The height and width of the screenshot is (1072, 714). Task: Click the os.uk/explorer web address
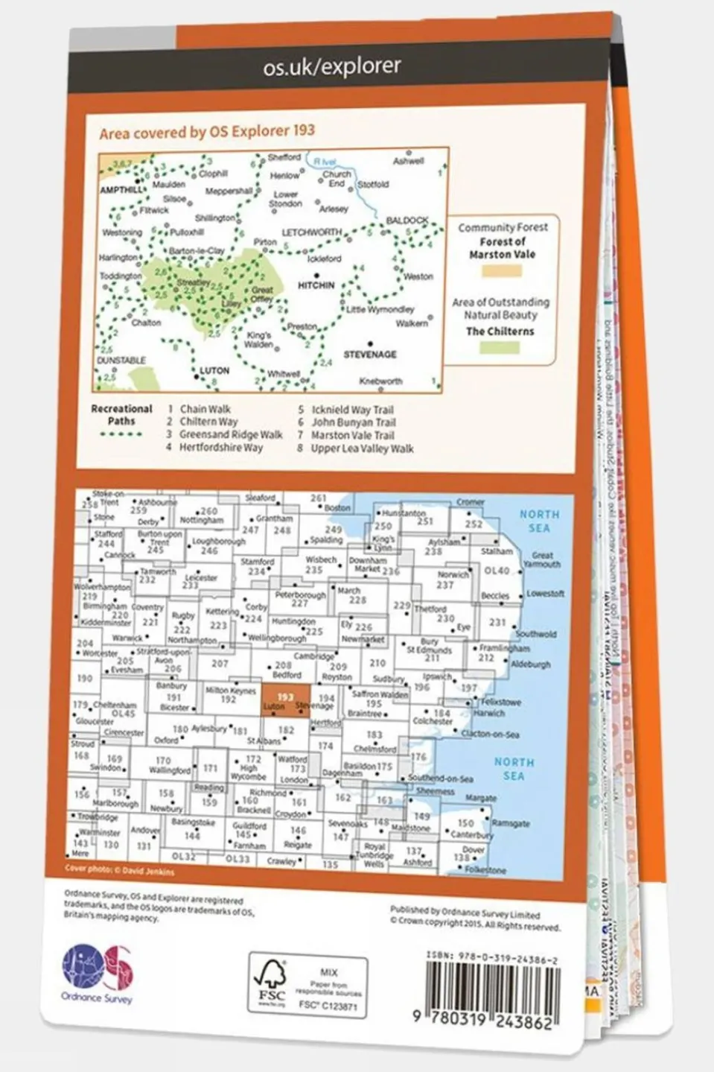click(331, 67)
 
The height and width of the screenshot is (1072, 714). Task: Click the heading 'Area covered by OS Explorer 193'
click(207, 132)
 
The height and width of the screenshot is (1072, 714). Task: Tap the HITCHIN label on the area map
click(316, 285)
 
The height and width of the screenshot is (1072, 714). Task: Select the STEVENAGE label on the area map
click(369, 355)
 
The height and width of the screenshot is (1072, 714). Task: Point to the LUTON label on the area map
click(214, 370)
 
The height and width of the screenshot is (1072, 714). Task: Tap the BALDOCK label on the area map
click(407, 221)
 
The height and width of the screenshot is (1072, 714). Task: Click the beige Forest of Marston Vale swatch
click(501, 271)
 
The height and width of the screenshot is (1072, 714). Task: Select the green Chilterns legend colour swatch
click(500, 347)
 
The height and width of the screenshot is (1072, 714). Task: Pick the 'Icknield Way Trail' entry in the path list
click(352, 410)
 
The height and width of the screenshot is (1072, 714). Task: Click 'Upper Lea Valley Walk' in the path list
click(362, 448)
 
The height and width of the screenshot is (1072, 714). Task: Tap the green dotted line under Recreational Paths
click(121, 434)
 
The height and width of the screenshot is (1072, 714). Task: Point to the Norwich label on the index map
click(453, 575)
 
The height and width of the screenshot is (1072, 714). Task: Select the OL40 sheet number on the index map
click(497, 571)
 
